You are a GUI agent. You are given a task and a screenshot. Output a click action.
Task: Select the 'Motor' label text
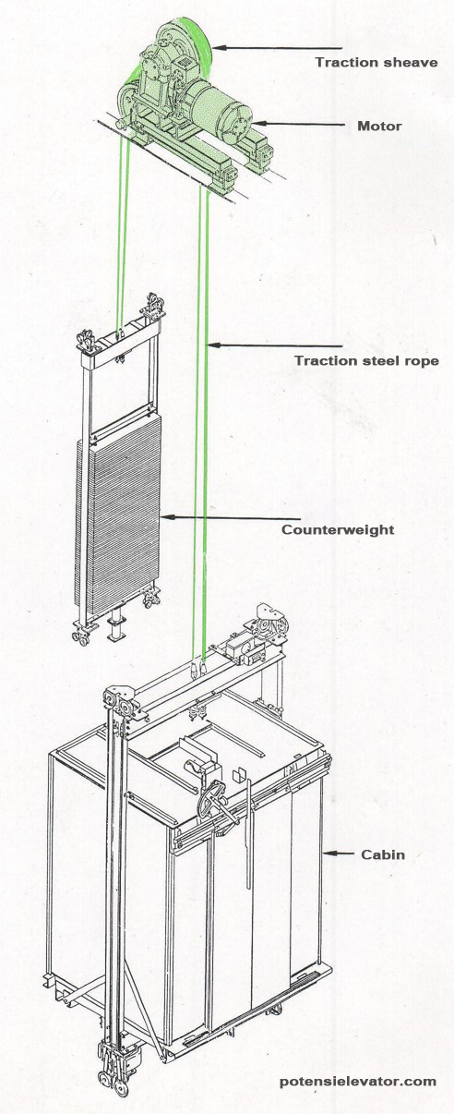click(x=379, y=126)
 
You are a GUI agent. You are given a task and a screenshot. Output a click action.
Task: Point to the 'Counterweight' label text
click(x=338, y=529)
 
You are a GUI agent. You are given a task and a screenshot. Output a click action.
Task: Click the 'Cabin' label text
click(x=381, y=854)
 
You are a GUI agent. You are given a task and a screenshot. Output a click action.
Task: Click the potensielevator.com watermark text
click(x=358, y=1081)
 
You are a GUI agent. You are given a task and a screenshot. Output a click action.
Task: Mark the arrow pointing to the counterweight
click(x=231, y=516)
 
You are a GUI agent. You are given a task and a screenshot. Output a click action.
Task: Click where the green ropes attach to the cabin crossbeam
click(x=197, y=665)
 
